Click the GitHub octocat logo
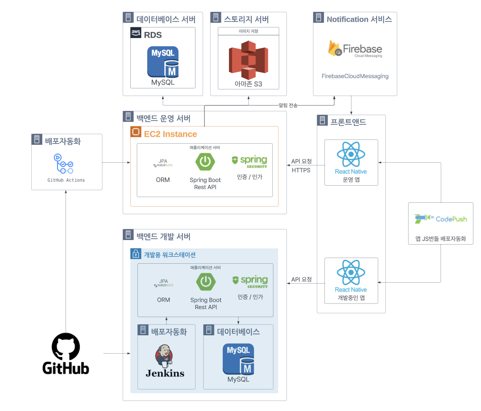pyautogui.click(x=66, y=346)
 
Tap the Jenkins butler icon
pyautogui.click(x=164, y=356)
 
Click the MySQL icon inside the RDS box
pyautogui.click(x=163, y=62)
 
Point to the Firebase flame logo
pyautogui.click(x=334, y=48)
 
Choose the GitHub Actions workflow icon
pyautogui.click(x=63, y=164)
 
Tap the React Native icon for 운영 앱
pyautogui.click(x=351, y=154)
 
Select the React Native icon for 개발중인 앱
pyautogui.click(x=351, y=272)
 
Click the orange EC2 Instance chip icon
pyautogui.click(x=136, y=132)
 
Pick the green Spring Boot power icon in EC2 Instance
pyautogui.click(x=205, y=162)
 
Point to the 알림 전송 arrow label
pyautogui.click(x=288, y=105)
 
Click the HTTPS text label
pyautogui.click(x=301, y=170)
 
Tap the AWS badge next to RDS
pyautogui.click(x=136, y=32)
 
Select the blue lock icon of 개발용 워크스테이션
pyautogui.click(x=136, y=254)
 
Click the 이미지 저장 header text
pyautogui.click(x=248, y=31)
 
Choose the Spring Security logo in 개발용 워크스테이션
pyautogui.click(x=250, y=281)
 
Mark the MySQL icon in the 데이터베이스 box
pyautogui.click(x=238, y=359)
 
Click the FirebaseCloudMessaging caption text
pyautogui.click(x=355, y=76)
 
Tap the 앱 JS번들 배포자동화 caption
pyautogui.click(x=441, y=239)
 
